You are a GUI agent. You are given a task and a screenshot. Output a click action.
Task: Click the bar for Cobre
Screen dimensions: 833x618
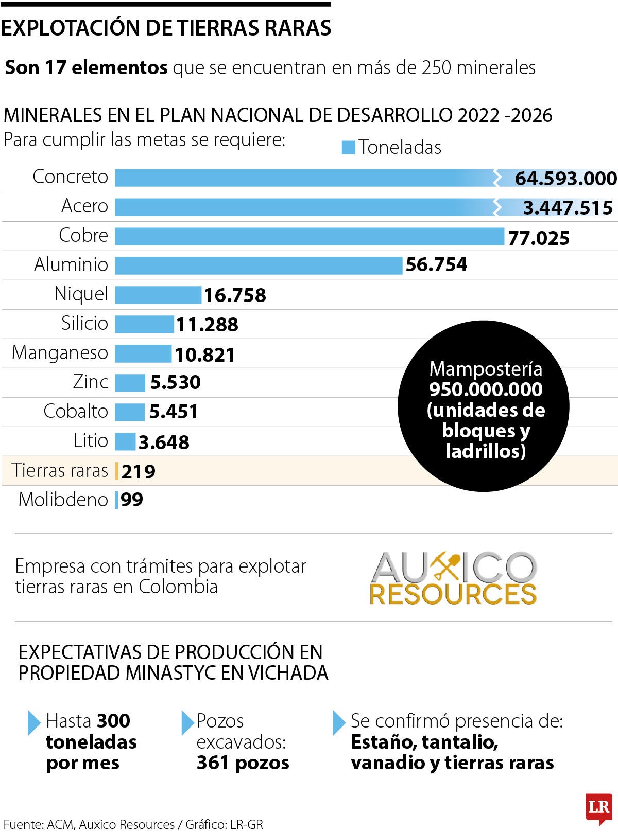tap(309, 236)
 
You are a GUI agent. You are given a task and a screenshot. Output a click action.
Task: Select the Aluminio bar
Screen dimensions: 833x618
tap(258, 265)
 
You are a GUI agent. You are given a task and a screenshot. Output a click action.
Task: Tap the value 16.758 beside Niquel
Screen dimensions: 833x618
tap(235, 295)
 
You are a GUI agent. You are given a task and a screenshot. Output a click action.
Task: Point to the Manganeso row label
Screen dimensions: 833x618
tap(60, 353)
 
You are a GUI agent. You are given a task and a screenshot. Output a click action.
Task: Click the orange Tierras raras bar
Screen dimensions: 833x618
tap(117, 471)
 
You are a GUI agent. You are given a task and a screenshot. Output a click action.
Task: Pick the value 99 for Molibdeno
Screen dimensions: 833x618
tap(132, 500)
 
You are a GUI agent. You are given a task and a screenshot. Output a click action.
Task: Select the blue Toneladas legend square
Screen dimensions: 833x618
tap(348, 148)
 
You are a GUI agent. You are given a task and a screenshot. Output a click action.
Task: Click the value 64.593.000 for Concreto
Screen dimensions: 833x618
tap(565, 179)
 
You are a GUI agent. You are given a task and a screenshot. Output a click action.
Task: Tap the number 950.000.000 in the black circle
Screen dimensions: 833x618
tap(486, 389)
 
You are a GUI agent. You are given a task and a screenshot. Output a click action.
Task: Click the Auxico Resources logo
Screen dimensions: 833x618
tap(453, 578)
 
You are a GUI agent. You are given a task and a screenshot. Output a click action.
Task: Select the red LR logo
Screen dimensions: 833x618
tap(598, 807)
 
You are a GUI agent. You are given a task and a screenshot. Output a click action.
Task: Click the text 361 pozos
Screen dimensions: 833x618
tap(243, 763)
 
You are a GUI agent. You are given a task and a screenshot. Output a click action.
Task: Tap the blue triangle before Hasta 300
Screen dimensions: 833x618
tap(34, 722)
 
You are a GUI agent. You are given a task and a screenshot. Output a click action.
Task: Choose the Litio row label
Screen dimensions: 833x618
tap(91, 441)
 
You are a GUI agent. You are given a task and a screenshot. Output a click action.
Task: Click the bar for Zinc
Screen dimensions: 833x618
tap(130, 383)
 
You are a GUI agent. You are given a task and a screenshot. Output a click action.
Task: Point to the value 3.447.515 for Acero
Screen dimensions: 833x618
tap(568, 208)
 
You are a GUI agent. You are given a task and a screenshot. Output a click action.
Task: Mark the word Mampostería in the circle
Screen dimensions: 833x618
tap(486, 369)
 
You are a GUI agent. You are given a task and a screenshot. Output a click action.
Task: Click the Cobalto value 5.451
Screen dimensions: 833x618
tap(174, 412)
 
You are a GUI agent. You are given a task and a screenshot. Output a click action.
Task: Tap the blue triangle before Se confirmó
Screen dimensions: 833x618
tap(339, 722)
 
